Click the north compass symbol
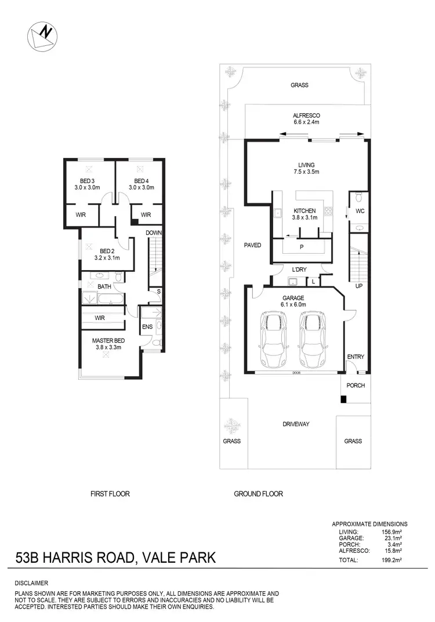click(42, 36)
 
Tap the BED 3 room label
click(88, 184)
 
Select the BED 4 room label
click(141, 184)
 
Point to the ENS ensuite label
click(147, 327)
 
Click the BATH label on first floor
click(104, 287)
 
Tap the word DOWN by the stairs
click(153, 232)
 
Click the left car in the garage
click(271, 340)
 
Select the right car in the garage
click(312, 340)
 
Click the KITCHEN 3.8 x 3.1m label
click(304, 214)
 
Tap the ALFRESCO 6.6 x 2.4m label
click(306, 118)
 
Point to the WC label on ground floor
click(360, 211)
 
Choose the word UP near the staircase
click(358, 286)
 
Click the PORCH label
click(356, 385)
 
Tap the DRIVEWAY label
click(296, 424)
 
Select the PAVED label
click(252, 245)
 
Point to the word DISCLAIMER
click(32, 583)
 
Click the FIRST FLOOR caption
click(110, 494)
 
